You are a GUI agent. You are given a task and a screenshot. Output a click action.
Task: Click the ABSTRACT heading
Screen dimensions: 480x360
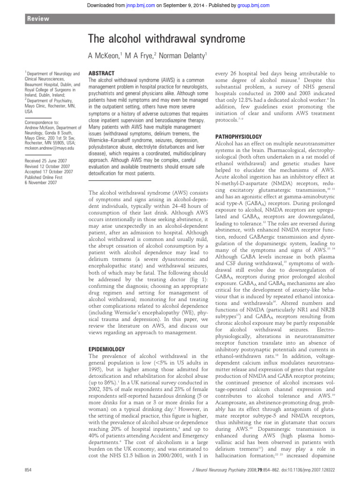tap(102, 74)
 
